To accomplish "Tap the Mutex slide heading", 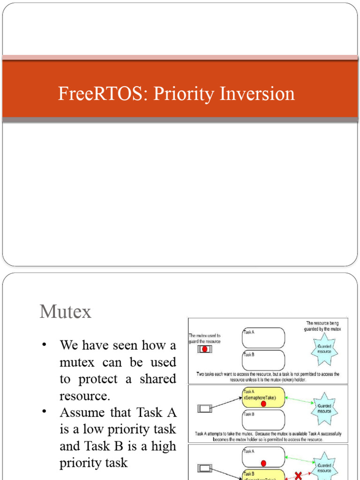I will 66,312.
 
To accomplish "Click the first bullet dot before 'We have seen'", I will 45,345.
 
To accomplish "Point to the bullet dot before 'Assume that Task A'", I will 45,412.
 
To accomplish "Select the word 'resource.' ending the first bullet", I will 84,396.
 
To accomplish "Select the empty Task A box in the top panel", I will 263,337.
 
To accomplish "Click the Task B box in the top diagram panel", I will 263,360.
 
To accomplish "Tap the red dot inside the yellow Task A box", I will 263,404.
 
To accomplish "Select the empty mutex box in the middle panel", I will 205,409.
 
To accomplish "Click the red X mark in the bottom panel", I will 298,475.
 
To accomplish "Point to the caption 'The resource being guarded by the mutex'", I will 323,326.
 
